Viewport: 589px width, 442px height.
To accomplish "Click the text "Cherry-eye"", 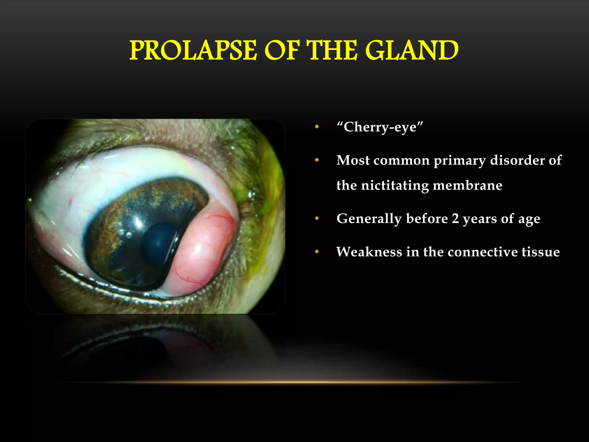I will (x=380, y=127).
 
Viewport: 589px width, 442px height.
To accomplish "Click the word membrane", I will (x=467, y=185).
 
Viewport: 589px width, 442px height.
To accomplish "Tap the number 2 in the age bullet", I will (x=455, y=218).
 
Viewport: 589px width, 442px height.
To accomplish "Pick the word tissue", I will (x=541, y=252).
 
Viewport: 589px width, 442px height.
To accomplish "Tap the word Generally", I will (x=369, y=219).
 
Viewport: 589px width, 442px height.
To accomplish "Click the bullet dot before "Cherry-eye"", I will (x=317, y=127).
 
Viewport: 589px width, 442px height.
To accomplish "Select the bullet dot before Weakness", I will (x=317, y=252).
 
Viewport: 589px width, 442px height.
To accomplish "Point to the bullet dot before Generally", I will (x=317, y=218).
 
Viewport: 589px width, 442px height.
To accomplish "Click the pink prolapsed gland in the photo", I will (x=203, y=250).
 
